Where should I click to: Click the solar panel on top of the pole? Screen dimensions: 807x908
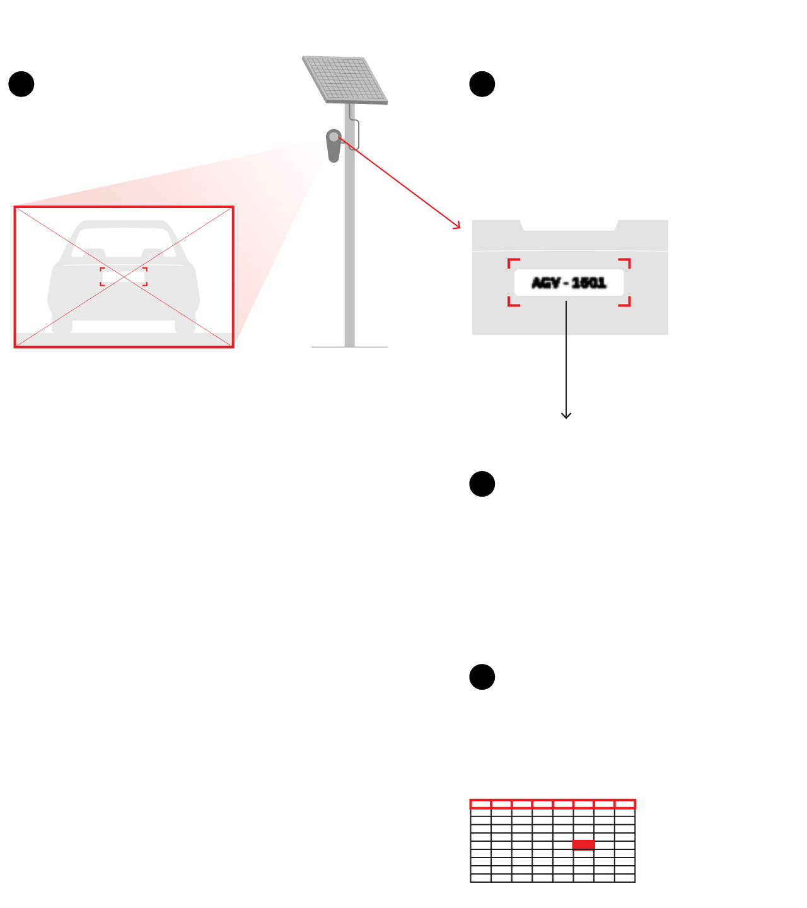tap(345, 80)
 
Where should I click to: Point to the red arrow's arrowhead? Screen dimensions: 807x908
tap(456, 226)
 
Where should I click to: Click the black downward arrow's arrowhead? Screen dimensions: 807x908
tap(566, 416)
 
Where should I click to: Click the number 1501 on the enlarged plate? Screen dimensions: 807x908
tap(589, 282)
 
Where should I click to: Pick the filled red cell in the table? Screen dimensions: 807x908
tap(583, 845)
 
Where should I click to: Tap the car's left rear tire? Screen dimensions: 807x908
tap(62, 325)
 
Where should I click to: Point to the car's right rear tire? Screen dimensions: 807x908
tap(185, 325)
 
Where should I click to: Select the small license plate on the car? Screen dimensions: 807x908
tap(124, 277)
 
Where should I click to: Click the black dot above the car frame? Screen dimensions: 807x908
tap(21, 84)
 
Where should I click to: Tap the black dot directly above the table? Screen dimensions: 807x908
tap(482, 677)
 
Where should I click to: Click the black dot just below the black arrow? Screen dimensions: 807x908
tap(482, 484)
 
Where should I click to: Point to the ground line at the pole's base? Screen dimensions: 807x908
tap(349, 347)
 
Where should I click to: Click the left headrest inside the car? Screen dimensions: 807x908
tap(95, 253)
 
